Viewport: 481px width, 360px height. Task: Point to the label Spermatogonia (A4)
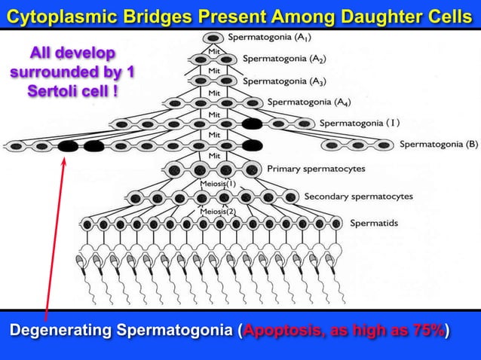(308, 102)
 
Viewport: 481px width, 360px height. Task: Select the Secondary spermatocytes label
(358, 197)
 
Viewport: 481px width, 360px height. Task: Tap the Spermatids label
(375, 222)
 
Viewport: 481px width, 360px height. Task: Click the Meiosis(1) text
(218, 183)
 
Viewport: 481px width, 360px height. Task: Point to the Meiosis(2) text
(218, 212)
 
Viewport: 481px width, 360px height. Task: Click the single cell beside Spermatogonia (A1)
(213, 38)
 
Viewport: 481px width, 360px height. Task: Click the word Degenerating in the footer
(60, 331)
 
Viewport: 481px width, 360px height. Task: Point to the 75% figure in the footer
(429, 331)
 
